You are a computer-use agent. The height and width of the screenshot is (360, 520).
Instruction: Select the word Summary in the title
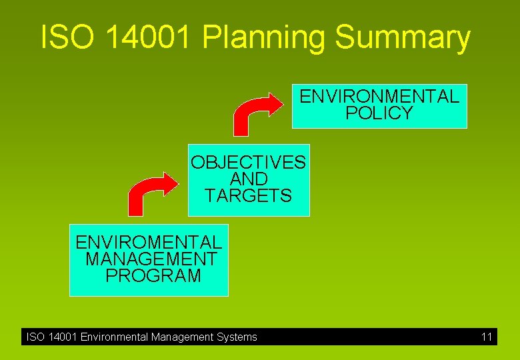coord(403,39)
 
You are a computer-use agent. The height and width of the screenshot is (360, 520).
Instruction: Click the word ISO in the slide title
coord(63,39)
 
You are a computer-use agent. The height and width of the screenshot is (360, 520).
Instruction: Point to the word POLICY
coord(379,113)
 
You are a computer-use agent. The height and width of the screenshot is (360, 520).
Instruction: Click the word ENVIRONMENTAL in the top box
coord(379,97)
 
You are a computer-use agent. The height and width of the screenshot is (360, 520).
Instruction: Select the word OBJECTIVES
coord(248,163)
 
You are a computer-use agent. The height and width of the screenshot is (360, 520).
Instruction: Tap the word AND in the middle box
coord(248,179)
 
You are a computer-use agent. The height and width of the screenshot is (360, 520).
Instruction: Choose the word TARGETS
coord(248,196)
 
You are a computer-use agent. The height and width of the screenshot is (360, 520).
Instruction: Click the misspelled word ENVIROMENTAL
coord(149,242)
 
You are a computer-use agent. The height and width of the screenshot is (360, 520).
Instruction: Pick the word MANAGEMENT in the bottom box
coord(151,259)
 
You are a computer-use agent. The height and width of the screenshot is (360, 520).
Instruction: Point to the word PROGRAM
coord(153,275)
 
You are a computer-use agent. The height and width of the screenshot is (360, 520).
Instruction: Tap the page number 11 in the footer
coord(487,337)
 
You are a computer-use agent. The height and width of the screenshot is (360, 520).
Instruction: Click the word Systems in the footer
coord(237,337)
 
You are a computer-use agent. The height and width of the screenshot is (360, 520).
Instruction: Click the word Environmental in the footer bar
coord(114,337)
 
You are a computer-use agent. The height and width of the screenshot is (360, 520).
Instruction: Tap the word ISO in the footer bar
coord(35,337)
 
